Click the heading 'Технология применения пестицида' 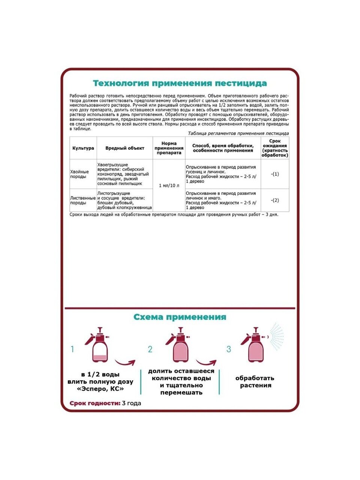click(180, 83)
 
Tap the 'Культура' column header click(83, 148)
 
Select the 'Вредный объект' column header click(124, 148)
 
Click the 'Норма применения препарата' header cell click(169, 148)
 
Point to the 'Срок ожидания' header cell click(275, 148)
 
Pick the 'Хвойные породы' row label click(79, 174)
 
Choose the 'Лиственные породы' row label click(83, 200)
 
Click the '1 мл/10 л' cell click(169, 186)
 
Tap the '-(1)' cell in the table click(275, 174)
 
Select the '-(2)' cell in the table click(275, 200)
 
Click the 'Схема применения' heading click(180, 317)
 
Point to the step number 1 click(72, 349)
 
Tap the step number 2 click(150, 349)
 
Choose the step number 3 click(229, 349)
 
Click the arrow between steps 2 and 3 click(206, 363)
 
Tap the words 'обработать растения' click(255, 382)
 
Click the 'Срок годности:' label click(95, 403)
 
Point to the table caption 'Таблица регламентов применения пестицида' click(238, 133)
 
